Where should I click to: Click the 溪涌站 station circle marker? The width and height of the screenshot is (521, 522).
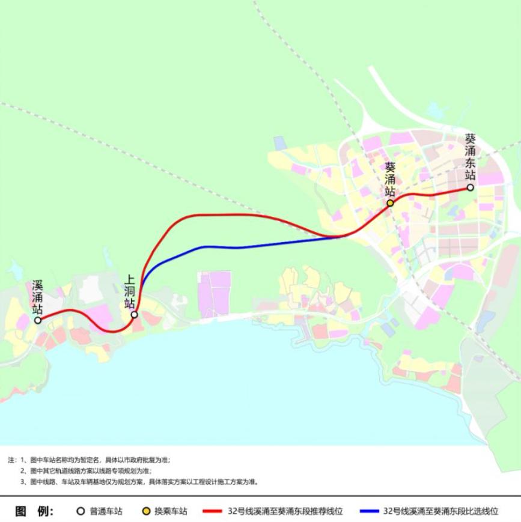(x=38, y=320)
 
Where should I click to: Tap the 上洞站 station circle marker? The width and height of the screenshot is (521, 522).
(x=134, y=314)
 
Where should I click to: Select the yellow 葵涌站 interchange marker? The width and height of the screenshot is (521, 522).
(x=390, y=203)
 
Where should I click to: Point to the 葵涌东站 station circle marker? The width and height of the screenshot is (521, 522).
(x=471, y=187)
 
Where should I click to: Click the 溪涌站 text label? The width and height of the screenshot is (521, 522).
(x=38, y=297)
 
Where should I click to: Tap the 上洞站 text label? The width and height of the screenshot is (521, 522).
(x=129, y=292)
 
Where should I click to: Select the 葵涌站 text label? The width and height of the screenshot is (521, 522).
(x=390, y=179)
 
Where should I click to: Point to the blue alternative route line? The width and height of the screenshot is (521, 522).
(x=240, y=247)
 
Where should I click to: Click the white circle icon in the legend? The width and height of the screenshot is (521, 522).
(x=81, y=511)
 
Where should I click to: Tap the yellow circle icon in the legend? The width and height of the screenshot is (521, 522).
(x=145, y=511)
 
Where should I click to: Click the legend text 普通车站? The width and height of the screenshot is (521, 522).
(x=106, y=511)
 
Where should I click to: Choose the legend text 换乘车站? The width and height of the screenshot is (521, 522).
(x=171, y=511)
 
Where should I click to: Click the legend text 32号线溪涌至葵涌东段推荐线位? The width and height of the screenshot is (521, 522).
(x=285, y=511)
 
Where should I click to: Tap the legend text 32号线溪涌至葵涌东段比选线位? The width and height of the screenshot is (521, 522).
(x=442, y=511)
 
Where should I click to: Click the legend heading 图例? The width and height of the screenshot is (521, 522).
(x=35, y=511)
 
